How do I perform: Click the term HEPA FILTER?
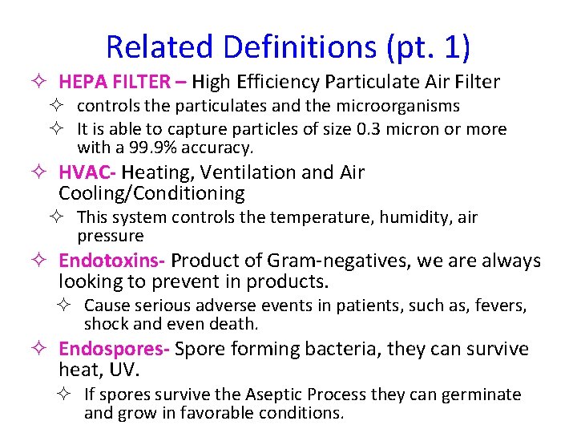coord(114,82)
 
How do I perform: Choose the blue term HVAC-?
coord(88,172)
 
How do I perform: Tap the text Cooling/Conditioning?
coord(151,193)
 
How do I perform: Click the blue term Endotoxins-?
coord(112,261)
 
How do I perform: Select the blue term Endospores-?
coord(114,350)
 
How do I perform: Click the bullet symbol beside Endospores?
coord(46,350)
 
